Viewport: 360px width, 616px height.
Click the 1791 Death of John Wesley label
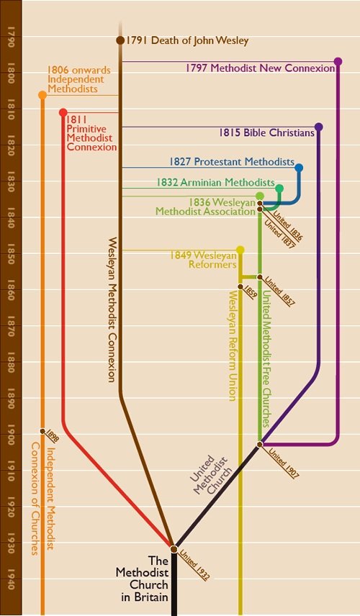(187, 41)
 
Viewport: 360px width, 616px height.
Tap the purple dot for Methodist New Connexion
(338, 62)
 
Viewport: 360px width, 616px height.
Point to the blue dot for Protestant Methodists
(299, 168)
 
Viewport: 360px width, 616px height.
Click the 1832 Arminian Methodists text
(215, 183)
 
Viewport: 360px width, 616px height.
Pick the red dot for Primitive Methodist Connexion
(63, 112)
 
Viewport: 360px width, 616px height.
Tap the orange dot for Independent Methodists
(42, 95)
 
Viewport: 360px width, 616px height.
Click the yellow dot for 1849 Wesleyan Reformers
(240, 250)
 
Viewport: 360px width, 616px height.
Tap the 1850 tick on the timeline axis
(11, 254)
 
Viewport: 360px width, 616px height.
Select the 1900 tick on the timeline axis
(11, 435)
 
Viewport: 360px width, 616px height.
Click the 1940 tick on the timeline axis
(11, 579)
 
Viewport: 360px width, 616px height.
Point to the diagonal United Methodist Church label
(210, 476)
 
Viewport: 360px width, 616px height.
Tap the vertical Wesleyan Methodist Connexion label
(112, 309)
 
